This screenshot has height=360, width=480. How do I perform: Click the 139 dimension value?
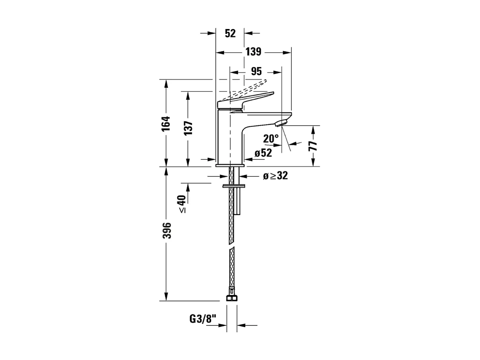tap(253, 52)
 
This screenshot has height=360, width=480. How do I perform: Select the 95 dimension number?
tap(256, 72)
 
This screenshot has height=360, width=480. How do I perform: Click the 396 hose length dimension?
tap(167, 230)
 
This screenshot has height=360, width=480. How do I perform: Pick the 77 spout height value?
tap(313, 145)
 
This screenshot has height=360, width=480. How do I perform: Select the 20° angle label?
tap(271, 139)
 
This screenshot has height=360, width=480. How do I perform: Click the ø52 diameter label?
tap(263, 153)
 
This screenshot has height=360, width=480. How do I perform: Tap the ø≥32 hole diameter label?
tap(275, 176)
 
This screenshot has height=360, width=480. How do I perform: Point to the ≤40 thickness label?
tap(182, 204)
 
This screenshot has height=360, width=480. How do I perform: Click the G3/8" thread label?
tap(202, 319)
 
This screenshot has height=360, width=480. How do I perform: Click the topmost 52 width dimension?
tap(230, 33)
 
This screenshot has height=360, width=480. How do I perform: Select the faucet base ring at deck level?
tap(230, 165)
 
